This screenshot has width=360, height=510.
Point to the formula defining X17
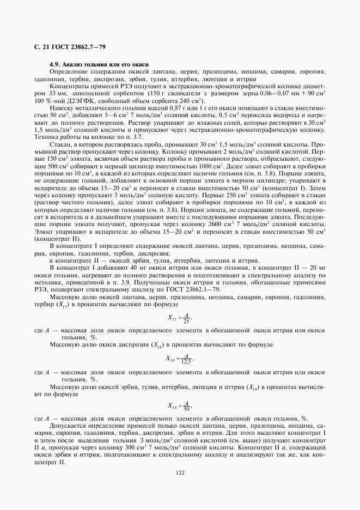(180, 318)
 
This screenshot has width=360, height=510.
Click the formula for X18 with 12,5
(180, 359)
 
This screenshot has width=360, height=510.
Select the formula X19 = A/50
(180, 406)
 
